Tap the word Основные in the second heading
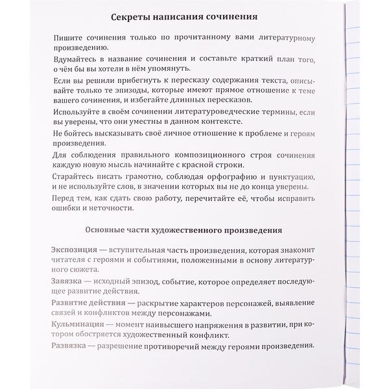pyautogui.click(x=110, y=230)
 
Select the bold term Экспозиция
pyautogui.click(x=74, y=250)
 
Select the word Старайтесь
pyautogui.click(x=75, y=176)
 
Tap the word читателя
pyautogui.click(x=69, y=261)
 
